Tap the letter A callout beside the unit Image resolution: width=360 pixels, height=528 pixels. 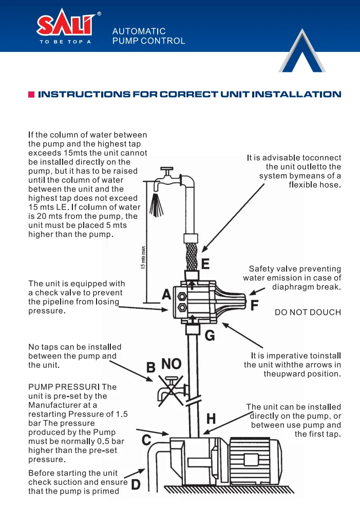pyautogui.click(x=166, y=295)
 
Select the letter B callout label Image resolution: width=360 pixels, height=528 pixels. pyautogui.click(x=151, y=368)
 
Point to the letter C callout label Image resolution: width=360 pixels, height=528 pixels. pyautogui.click(x=146, y=440)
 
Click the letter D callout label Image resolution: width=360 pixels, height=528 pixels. pyautogui.click(x=136, y=484)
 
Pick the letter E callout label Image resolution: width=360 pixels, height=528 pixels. pyautogui.click(x=205, y=264)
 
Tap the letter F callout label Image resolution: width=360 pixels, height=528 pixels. pyautogui.click(x=254, y=306)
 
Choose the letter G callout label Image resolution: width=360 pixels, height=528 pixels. pyautogui.click(x=210, y=336)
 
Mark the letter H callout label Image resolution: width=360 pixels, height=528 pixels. pyautogui.click(x=211, y=419)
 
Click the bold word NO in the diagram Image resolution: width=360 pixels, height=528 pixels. pyautogui.click(x=172, y=364)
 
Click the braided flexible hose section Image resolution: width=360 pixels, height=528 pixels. pyautogui.click(x=191, y=256)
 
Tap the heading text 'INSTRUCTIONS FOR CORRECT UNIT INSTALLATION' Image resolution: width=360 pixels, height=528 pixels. pyautogui.click(x=190, y=95)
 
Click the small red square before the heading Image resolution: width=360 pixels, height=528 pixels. pyautogui.click(x=31, y=95)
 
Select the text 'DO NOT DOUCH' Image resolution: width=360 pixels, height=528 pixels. pyautogui.click(x=308, y=312)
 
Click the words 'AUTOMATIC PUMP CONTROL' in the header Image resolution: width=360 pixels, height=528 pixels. pyautogui.click(x=148, y=36)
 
